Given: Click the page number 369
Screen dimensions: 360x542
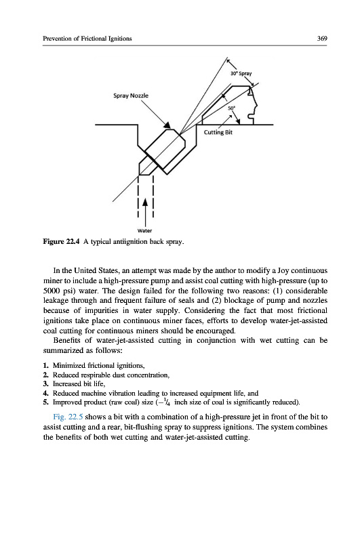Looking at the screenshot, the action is [321, 39].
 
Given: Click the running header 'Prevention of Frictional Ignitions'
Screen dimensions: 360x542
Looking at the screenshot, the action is [87, 39].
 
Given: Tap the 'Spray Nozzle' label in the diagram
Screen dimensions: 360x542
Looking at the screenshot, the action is [131, 96].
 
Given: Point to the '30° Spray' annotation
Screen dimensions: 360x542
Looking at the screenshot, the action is [241, 73].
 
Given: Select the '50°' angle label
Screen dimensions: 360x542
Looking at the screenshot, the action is [231, 108].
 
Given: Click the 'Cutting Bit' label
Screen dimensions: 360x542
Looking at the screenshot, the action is [218, 132].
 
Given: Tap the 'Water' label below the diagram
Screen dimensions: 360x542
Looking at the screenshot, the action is [144, 230].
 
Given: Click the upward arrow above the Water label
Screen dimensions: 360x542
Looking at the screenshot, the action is [145, 211].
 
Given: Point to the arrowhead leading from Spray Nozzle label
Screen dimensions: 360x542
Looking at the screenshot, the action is [167, 125].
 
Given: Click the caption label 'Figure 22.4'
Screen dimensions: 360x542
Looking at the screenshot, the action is [62, 241].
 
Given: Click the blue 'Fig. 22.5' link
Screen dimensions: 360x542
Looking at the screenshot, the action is [68, 417].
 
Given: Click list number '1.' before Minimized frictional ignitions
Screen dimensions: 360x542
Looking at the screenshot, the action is [45, 365].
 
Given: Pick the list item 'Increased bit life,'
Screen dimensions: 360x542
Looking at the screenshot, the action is [79, 383].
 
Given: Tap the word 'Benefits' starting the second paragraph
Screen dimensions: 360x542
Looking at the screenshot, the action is [67, 341].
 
